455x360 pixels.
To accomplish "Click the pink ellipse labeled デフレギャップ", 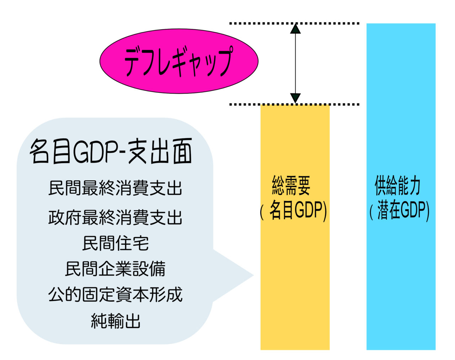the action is tap(179, 61).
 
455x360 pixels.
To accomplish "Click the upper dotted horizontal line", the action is tap(294, 23).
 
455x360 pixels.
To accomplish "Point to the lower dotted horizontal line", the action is tap(294, 105).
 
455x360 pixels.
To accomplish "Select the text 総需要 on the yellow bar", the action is tap(291, 185).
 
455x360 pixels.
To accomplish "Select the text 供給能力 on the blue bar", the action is tap(397, 185).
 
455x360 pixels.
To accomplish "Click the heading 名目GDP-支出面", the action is tap(111, 151).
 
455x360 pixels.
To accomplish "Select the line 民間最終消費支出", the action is tap(115, 188).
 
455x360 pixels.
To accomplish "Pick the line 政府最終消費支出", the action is tap(115, 217).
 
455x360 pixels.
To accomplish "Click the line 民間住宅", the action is tap(116, 243).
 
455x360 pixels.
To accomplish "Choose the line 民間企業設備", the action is tap(115, 269).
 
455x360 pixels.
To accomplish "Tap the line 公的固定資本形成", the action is tap(115, 295).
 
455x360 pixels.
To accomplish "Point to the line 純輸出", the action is tap(116, 321).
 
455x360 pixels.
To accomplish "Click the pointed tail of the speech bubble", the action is tap(253, 275).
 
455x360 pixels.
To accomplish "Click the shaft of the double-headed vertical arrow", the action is tap(295, 63).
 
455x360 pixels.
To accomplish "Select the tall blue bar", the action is tap(401, 186).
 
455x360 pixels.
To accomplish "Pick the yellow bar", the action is tap(295, 227).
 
